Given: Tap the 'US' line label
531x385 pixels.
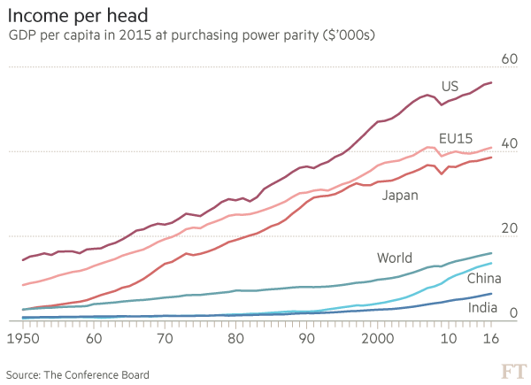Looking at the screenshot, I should [x=451, y=86].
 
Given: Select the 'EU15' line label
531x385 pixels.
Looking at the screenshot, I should [x=455, y=137].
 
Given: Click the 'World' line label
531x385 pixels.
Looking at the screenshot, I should [x=396, y=258].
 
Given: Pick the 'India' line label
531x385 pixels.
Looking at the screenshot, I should [x=483, y=309].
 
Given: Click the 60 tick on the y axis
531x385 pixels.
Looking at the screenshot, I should [x=511, y=58].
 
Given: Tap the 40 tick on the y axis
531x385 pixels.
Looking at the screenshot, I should [x=511, y=143].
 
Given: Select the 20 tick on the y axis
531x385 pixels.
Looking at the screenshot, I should [x=511, y=228].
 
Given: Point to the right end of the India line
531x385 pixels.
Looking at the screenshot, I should [x=492, y=294].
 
